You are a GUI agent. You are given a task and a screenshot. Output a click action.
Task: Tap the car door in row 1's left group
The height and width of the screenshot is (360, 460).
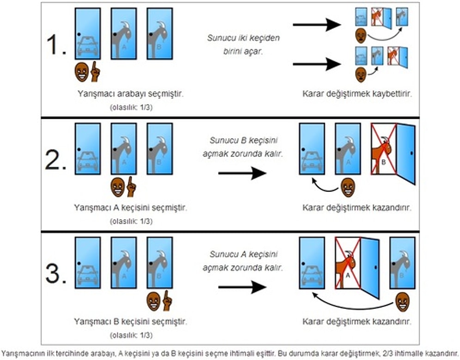point(88,34)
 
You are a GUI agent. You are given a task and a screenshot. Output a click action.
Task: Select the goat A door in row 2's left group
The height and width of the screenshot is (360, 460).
point(124,148)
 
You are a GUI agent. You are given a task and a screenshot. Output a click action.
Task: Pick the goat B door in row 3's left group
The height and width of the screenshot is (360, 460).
point(160,263)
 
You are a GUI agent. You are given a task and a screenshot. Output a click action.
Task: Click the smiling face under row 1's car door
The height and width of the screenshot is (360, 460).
point(81,72)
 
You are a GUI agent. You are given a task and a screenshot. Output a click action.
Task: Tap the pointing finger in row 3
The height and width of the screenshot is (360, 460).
point(167,301)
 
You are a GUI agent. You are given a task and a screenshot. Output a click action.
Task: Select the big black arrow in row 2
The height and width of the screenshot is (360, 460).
point(242,173)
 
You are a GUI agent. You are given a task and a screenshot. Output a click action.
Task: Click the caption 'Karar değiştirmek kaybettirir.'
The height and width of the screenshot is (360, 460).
point(357,94)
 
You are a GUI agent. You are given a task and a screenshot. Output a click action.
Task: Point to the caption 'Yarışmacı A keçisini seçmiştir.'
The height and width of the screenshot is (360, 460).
point(131,207)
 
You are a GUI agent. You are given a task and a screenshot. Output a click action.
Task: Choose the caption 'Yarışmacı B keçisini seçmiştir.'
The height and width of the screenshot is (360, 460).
point(131,321)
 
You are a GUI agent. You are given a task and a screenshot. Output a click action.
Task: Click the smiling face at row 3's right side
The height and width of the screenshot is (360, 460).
point(402,301)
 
